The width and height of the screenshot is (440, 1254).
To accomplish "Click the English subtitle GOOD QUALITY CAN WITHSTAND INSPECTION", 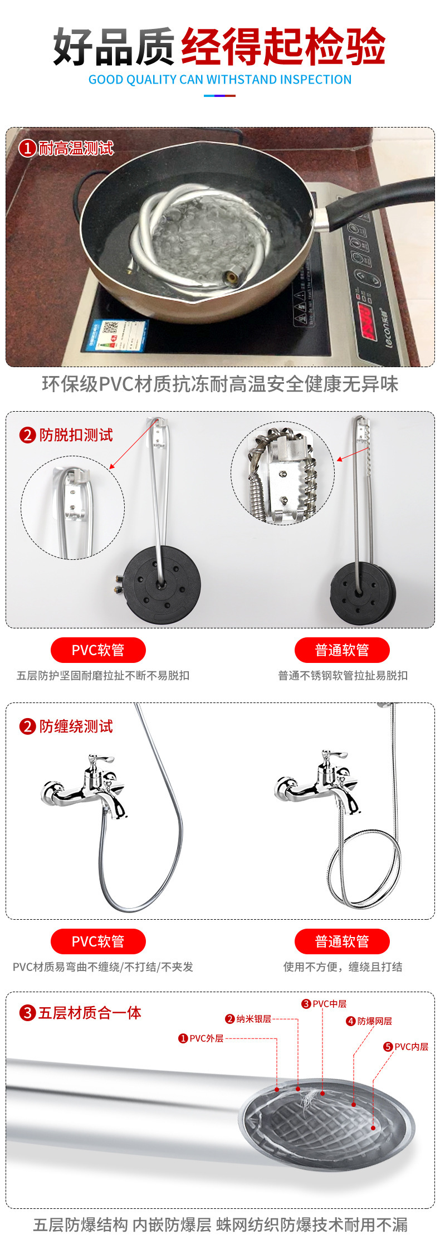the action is pyautogui.click(x=220, y=80).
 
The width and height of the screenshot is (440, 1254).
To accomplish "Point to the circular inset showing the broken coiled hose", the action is pyautogui.click(x=283, y=474).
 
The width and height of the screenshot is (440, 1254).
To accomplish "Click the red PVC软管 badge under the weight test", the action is pyautogui.click(x=98, y=650).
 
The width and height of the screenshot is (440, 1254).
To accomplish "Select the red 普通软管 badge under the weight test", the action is pyautogui.click(x=342, y=650).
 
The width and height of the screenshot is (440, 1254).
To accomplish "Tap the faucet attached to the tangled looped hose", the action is pyautogui.click(x=317, y=783).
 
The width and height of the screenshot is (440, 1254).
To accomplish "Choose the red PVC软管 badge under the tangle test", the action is pyautogui.click(x=98, y=941).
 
